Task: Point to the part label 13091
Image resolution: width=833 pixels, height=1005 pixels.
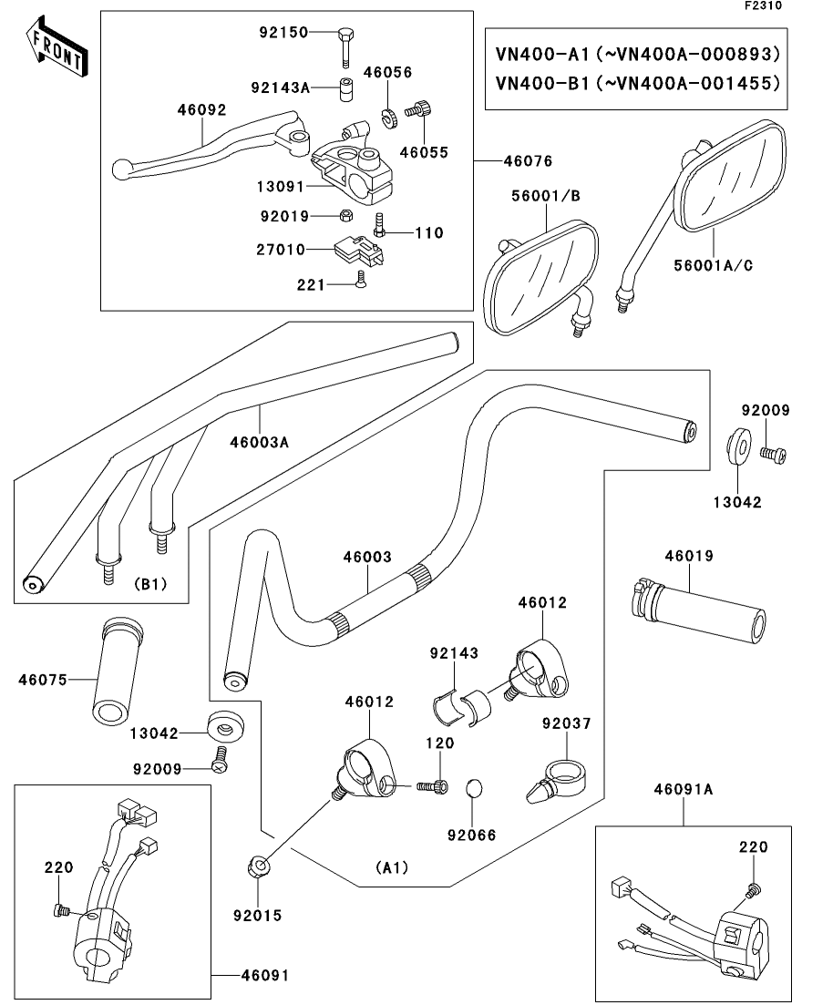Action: tap(279, 184)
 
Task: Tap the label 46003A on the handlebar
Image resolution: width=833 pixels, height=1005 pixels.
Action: tap(259, 442)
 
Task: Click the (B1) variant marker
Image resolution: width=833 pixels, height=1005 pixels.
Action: tap(150, 584)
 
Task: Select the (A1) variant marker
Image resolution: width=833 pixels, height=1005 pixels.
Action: tap(392, 867)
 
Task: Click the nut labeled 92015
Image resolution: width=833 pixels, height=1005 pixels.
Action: tap(258, 867)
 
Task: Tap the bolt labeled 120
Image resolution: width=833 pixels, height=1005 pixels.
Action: tap(431, 785)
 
